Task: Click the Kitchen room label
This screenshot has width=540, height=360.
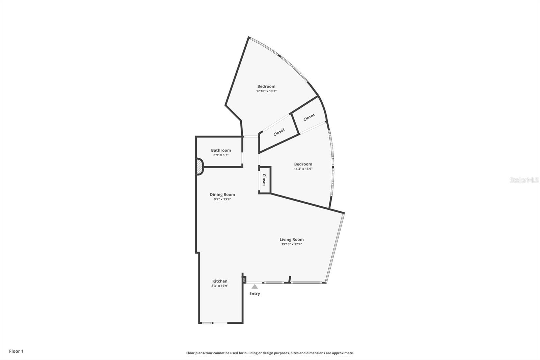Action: [220, 281]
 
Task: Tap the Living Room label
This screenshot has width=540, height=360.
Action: [292, 239]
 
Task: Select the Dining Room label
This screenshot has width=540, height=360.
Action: [222, 195]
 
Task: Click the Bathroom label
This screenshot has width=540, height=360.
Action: [221, 150]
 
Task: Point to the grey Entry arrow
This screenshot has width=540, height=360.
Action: [255, 287]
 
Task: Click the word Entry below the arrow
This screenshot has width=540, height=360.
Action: [254, 294]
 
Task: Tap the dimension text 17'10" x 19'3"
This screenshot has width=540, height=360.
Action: [266, 91]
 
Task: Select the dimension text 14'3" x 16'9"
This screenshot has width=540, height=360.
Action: [303, 169]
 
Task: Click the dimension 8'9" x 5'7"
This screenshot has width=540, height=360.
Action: [221, 155]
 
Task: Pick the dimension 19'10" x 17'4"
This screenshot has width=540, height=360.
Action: [292, 244]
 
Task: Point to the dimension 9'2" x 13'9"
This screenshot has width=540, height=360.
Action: [222, 199]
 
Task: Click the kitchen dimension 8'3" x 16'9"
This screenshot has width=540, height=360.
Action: [220, 286]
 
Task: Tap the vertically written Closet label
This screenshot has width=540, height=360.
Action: [264, 180]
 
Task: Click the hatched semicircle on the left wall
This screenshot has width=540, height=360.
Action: [199, 167]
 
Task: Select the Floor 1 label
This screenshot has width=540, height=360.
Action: [16, 351]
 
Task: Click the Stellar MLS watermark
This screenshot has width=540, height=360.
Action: [524, 180]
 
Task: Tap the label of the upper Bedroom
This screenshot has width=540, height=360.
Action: [266, 86]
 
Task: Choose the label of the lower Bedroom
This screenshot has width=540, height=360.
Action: [303, 164]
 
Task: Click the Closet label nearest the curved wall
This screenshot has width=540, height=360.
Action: [309, 117]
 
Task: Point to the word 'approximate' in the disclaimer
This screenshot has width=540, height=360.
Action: [343, 353]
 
